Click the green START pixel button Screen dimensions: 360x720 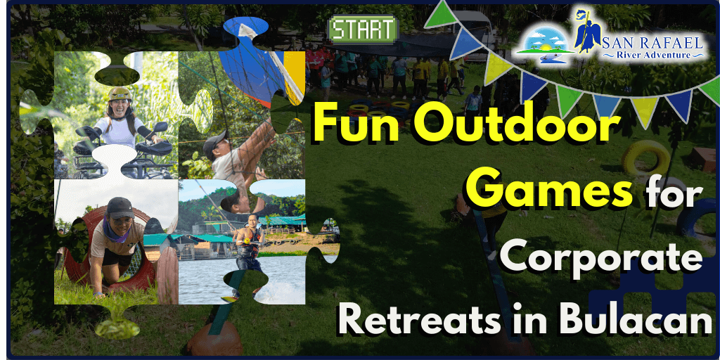tap(363, 29)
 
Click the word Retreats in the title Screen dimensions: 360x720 tap(427, 321)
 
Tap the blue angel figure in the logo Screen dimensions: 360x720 tap(585, 32)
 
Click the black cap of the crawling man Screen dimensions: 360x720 tap(120, 207)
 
